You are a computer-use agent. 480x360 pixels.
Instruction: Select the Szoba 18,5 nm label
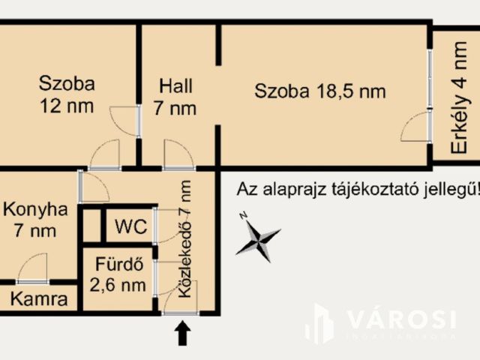click(x=320, y=91)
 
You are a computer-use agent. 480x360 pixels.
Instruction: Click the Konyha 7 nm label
click(x=35, y=219)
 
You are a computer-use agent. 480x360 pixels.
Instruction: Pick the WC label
click(x=130, y=226)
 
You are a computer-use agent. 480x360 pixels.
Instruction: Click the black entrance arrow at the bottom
click(x=181, y=333)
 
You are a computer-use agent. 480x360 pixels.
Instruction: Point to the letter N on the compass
click(x=242, y=215)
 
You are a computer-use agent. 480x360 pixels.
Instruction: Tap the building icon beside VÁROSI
click(x=321, y=324)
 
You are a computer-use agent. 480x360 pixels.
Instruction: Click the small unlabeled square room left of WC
click(x=91, y=225)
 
